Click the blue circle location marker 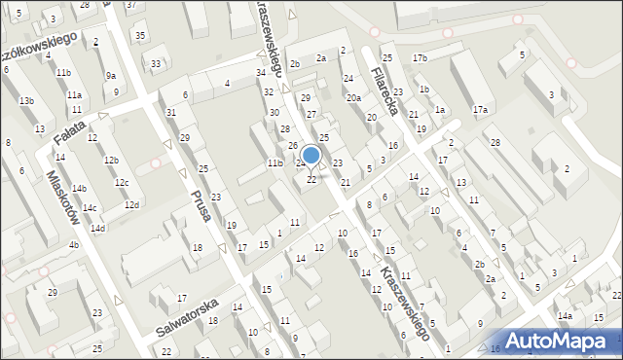coord(311,155)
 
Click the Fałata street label coord(69,132)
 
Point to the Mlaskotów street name coord(62,199)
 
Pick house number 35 coord(141,36)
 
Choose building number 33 coord(156,64)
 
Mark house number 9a coord(111,75)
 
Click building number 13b coord(26,101)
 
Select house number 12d coord(131,204)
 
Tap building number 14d coord(97,229)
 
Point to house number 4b coord(73,245)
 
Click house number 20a coord(353,98)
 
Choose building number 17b coord(420,58)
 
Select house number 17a coord(480,110)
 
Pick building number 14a coord(565,316)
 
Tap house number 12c coord(121,183)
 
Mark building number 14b coord(79,188)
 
